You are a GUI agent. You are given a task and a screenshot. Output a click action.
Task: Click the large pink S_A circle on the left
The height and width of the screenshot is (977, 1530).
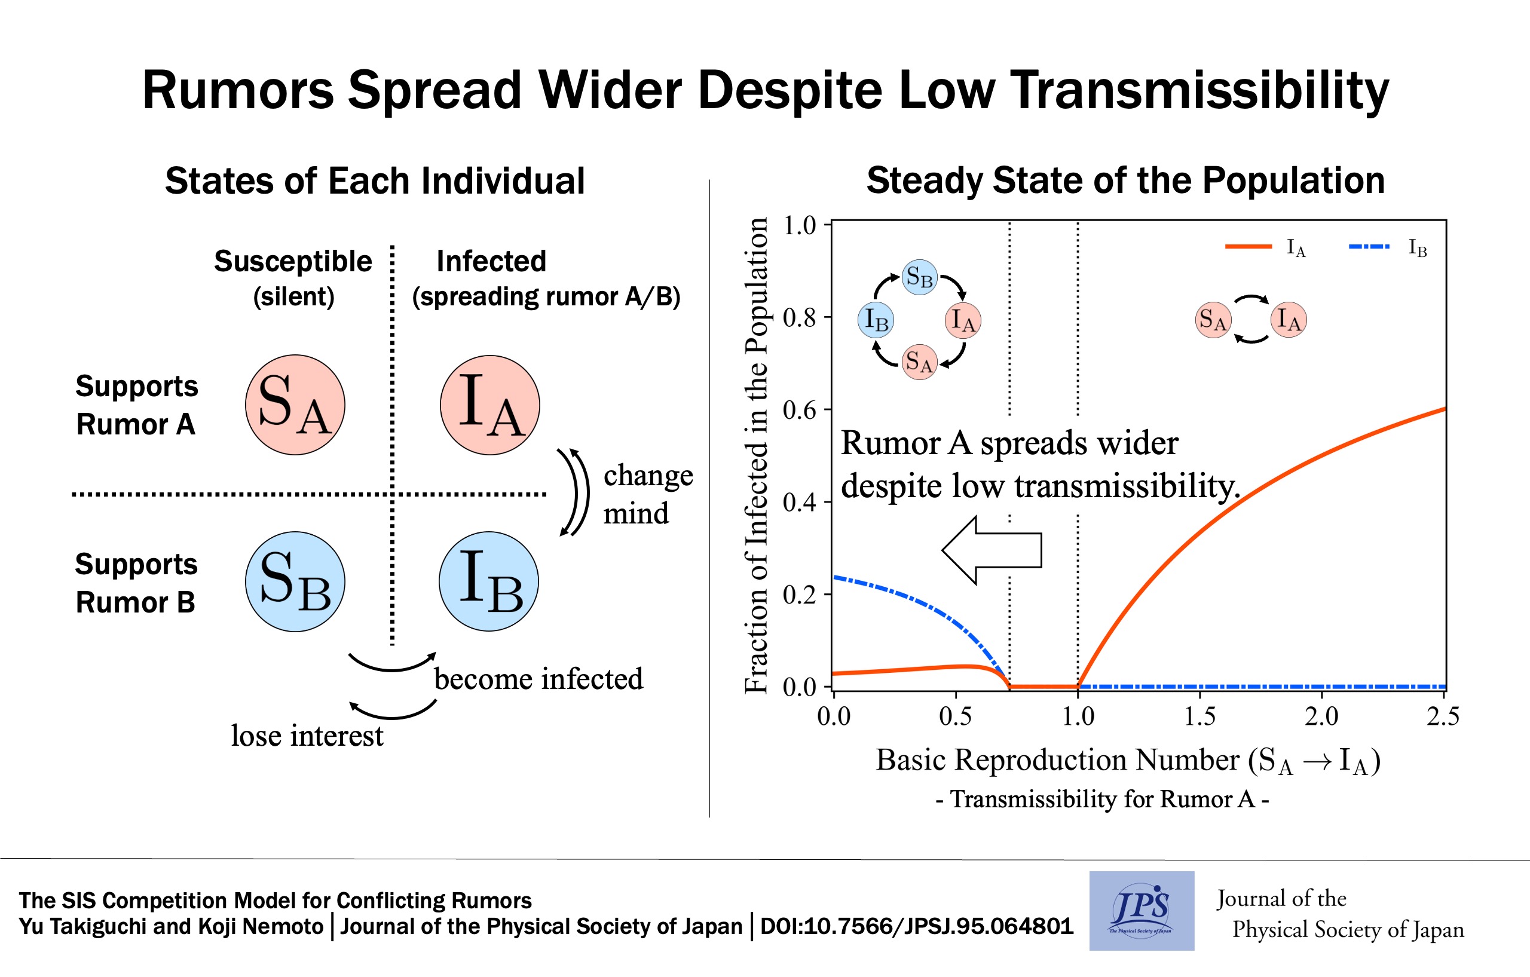295,405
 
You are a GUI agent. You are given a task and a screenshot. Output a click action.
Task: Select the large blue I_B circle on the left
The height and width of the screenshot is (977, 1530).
489,581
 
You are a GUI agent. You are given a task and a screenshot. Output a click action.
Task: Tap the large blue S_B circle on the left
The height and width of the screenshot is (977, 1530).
295,581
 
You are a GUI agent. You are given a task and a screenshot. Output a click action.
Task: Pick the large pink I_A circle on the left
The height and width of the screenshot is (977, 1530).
490,405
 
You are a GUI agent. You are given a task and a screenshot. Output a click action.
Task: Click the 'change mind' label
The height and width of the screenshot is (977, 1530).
648,494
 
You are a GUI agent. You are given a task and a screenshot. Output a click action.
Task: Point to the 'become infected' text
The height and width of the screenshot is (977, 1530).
538,678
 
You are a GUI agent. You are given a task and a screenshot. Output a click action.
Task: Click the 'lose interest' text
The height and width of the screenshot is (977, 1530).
307,736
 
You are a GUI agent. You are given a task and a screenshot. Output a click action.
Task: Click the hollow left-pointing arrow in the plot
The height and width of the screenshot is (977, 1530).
991,550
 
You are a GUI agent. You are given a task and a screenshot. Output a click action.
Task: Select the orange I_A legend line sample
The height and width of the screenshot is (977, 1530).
1249,246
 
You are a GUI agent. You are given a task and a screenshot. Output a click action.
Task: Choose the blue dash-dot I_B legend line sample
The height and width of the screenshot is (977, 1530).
1369,246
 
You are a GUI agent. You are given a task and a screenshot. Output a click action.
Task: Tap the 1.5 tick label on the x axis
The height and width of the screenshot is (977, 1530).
1199,716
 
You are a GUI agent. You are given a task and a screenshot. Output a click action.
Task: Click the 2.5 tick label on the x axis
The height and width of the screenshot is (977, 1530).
1443,716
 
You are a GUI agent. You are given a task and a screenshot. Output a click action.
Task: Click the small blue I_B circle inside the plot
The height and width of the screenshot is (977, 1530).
876,320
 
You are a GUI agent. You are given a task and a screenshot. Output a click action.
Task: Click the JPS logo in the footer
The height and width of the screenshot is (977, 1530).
1142,910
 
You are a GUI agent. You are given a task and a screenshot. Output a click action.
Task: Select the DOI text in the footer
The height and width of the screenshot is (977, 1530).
917,926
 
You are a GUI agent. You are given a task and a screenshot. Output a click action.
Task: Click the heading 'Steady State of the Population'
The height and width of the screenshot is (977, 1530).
1126,180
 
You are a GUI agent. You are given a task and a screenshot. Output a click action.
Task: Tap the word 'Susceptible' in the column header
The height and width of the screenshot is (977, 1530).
293,261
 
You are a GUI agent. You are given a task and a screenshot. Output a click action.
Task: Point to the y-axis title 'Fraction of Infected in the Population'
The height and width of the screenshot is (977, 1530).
756,455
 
